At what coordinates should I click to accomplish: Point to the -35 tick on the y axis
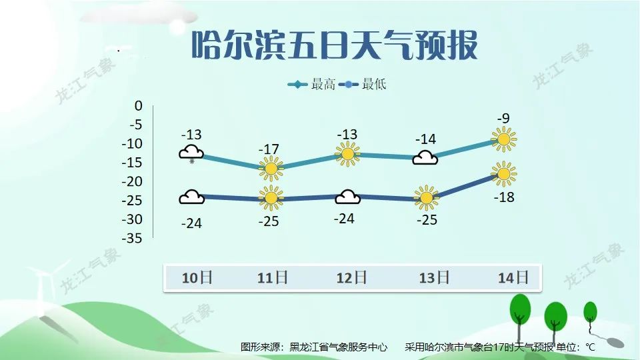click(x=133, y=238)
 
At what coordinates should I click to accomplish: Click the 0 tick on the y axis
click(x=139, y=105)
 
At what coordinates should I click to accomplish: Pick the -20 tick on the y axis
click(x=133, y=181)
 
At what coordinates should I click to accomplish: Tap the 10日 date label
click(x=197, y=277)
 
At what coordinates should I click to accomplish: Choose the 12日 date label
click(x=351, y=277)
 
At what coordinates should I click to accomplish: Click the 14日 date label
click(x=513, y=277)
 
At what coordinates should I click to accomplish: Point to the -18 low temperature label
click(x=504, y=197)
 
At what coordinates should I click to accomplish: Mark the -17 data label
click(x=270, y=149)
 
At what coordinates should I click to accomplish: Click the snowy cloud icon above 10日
click(x=191, y=153)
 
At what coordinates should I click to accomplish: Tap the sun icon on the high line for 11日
click(x=271, y=169)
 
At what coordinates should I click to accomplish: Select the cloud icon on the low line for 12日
click(x=347, y=197)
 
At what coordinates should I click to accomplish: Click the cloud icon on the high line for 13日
click(x=425, y=158)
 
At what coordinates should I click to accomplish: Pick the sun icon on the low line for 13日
click(x=425, y=197)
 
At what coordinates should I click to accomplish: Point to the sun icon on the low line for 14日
click(x=504, y=175)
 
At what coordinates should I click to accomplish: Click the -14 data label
click(x=425, y=139)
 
